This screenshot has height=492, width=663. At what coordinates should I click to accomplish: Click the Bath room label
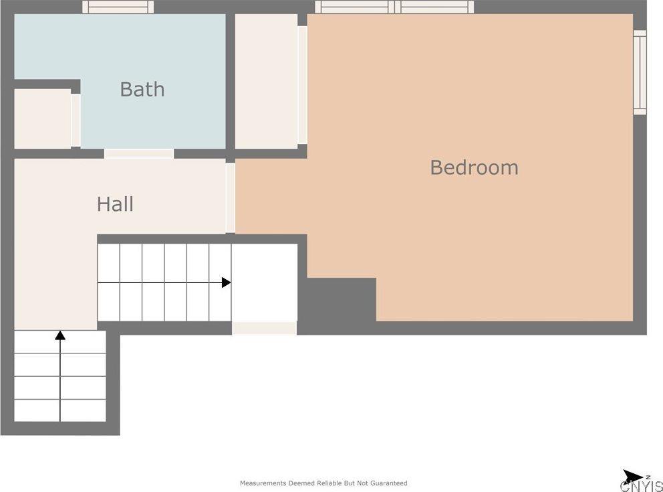(142, 89)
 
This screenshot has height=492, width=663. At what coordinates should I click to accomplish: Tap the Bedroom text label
(474, 167)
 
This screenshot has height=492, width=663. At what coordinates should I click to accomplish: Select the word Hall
(115, 204)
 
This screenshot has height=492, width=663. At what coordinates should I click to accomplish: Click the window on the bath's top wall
(118, 7)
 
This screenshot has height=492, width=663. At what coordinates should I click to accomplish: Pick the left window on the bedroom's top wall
(354, 7)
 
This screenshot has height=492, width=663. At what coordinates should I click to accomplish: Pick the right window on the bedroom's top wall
(434, 7)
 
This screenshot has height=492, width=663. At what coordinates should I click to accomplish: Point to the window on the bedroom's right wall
(640, 72)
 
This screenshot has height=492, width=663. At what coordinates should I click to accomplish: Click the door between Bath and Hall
(139, 154)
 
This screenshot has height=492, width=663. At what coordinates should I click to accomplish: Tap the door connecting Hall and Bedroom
(231, 198)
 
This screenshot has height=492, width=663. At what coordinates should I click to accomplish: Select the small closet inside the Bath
(42, 118)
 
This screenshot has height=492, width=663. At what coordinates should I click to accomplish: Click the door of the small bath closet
(76, 120)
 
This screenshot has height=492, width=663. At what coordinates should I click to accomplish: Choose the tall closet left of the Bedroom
(266, 81)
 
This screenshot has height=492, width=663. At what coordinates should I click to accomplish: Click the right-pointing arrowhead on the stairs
(227, 282)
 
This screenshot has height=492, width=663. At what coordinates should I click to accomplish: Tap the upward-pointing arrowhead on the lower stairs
(60, 335)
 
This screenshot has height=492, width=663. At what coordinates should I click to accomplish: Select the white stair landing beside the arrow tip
(264, 282)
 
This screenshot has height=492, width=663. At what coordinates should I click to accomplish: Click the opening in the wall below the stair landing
(264, 328)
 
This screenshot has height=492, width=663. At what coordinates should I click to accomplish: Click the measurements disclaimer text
(323, 483)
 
